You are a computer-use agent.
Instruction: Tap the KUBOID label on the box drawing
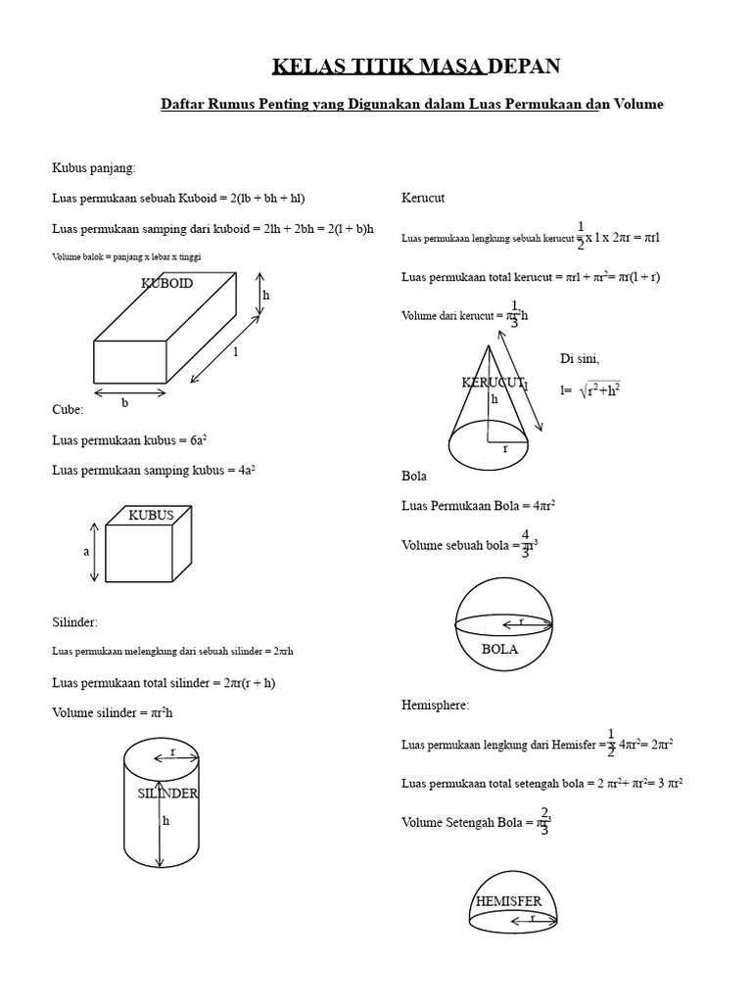167,284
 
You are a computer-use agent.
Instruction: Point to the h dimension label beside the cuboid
266,295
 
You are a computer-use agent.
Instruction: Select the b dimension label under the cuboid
124,402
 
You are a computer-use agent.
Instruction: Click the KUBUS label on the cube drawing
151,515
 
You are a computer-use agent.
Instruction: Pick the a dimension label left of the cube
86,552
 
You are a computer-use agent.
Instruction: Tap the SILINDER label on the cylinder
167,793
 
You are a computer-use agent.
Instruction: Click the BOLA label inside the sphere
499,649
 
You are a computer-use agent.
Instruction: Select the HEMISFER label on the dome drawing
508,900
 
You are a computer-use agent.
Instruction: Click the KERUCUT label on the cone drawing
493,382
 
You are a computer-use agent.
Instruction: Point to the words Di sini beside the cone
580,359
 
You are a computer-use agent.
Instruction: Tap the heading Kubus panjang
94,167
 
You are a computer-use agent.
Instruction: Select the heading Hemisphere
436,705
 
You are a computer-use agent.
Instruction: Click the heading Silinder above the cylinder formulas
75,621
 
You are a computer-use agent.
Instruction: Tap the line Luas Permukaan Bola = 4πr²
479,506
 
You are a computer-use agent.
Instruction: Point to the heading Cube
68,409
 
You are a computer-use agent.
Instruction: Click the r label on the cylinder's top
172,751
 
